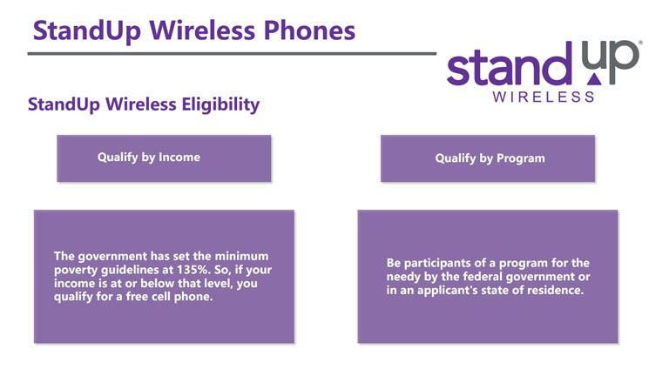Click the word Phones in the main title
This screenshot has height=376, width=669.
[x=309, y=30]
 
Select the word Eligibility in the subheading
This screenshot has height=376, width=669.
[x=220, y=104]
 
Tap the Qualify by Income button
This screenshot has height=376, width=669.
[x=164, y=158]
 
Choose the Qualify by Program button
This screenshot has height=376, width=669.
[x=488, y=158]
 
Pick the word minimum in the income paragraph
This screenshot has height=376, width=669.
[x=241, y=256]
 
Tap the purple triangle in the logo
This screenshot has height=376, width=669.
[x=594, y=79]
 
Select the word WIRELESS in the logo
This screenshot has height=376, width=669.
[x=544, y=97]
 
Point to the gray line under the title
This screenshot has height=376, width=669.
[x=232, y=54]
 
